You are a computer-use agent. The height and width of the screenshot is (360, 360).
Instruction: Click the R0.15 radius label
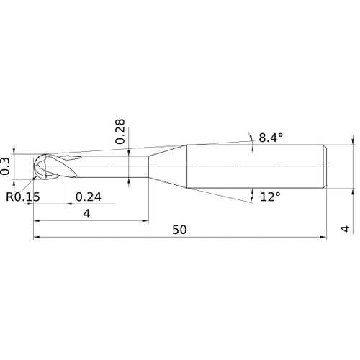[x=23, y=197]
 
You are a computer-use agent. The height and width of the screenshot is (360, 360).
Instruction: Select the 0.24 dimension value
[x=89, y=197]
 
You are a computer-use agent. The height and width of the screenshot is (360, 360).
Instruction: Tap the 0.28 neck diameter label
[x=120, y=131]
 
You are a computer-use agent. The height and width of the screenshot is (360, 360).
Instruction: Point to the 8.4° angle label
[x=271, y=138]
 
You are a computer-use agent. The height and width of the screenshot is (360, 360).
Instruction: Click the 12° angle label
[x=271, y=197]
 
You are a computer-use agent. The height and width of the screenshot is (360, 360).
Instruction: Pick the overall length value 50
[x=179, y=230]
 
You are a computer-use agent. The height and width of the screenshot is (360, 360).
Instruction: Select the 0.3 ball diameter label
[x=5, y=166]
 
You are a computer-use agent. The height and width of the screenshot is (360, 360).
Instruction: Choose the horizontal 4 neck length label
[x=86, y=213]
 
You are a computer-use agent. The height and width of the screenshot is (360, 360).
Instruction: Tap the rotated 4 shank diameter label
[x=345, y=229]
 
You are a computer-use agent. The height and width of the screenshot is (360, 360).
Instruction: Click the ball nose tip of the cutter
[x=34, y=166]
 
